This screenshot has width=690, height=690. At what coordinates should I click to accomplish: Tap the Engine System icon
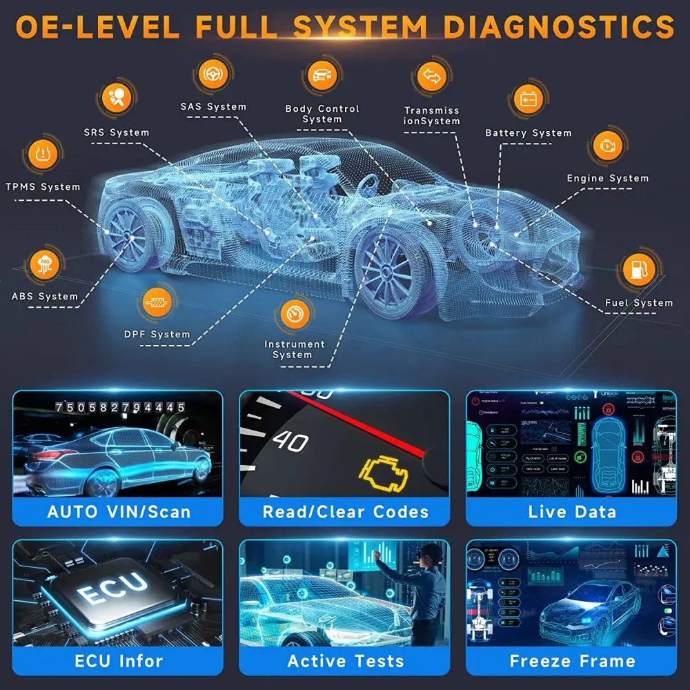click(607, 147)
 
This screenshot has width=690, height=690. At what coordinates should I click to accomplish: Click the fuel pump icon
click(639, 270)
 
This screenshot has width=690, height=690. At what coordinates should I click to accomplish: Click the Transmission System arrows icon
click(431, 77)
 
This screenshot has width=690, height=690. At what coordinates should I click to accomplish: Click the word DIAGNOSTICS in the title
click(558, 28)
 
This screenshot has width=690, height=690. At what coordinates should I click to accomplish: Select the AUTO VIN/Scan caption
click(118, 512)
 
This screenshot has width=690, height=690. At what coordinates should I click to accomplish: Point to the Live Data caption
click(571, 512)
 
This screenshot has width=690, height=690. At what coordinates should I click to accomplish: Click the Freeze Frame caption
click(571, 660)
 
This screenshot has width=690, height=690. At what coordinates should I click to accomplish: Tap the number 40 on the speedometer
click(290, 441)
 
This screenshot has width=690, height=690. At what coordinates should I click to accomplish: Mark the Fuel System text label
click(638, 303)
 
